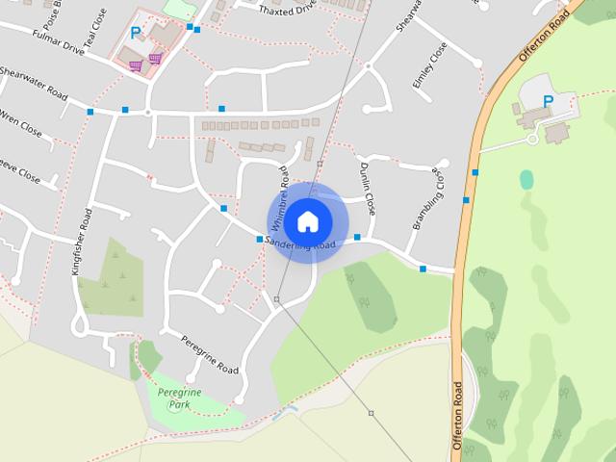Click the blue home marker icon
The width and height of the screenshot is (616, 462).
(307, 221)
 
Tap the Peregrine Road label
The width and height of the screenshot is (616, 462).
(210, 355)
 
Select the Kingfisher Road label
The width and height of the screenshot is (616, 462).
(82, 242)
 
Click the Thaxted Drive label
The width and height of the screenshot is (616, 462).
(287, 9)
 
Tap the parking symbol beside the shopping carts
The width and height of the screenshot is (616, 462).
(136, 33)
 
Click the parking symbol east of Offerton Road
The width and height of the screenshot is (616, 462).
(549, 101)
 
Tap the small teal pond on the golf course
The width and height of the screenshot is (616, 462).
(526, 179)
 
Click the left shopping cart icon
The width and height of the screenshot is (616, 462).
(136, 66)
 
